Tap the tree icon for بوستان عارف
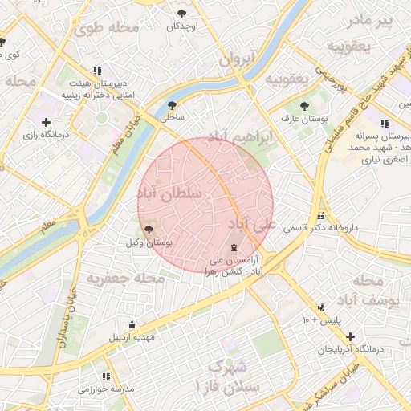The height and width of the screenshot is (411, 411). pyautogui.click(x=304, y=106)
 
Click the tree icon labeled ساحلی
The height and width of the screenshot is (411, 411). pyautogui.click(x=172, y=105)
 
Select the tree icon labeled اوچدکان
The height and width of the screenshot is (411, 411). pyautogui.click(x=182, y=14)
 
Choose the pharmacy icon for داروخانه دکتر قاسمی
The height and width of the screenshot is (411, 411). pyautogui.click(x=321, y=215)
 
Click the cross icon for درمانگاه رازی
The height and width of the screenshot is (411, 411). pyautogui.click(x=46, y=123)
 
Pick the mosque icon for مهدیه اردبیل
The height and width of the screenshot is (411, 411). pyautogui.click(x=132, y=324)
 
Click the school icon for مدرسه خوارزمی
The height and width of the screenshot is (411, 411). pyautogui.click(x=104, y=376)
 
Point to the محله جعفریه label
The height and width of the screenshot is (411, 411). pyautogui.click(x=125, y=279)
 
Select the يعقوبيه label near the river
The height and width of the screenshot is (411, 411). pyautogui.click(x=287, y=79)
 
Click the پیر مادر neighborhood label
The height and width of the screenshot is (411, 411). pyautogui.click(x=374, y=20)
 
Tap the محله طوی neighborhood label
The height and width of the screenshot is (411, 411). pyautogui.click(x=108, y=29)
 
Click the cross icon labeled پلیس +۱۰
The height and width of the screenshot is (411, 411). pyautogui.click(x=322, y=307)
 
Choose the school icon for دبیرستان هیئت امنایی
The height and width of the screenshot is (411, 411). pyautogui.click(x=97, y=71)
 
